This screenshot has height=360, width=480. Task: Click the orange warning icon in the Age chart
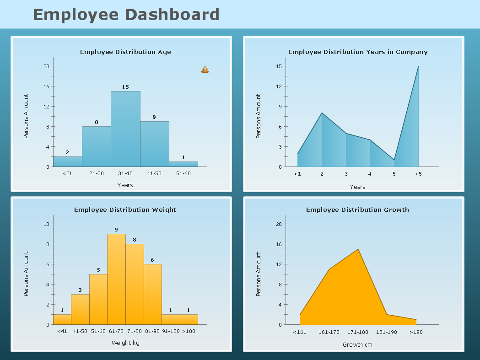click(205, 70)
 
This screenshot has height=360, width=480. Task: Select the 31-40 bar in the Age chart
click(125, 129)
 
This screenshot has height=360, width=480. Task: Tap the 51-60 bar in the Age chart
click(183, 164)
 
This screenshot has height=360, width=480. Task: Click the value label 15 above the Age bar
click(125, 87)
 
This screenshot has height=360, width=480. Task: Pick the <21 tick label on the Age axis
click(67, 173)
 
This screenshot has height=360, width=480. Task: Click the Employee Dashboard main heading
click(126, 15)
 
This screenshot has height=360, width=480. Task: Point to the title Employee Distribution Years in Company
click(358, 52)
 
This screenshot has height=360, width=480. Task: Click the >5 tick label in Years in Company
click(418, 174)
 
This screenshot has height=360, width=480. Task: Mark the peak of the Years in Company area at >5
click(418, 67)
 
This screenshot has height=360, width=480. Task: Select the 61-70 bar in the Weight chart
click(116, 279)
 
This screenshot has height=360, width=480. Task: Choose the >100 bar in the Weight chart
click(189, 319)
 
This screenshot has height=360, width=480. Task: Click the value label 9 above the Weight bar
click(116, 230)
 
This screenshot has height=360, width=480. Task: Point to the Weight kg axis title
click(125, 343)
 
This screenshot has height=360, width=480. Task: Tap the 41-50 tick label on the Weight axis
click(80, 331)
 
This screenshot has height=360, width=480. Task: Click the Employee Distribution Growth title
click(357, 210)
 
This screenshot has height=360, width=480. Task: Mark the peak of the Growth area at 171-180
click(358, 249)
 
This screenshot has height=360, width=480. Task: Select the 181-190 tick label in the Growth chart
click(387, 332)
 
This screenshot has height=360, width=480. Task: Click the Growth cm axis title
click(357, 344)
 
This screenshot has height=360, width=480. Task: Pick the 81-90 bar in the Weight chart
click(152, 294)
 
